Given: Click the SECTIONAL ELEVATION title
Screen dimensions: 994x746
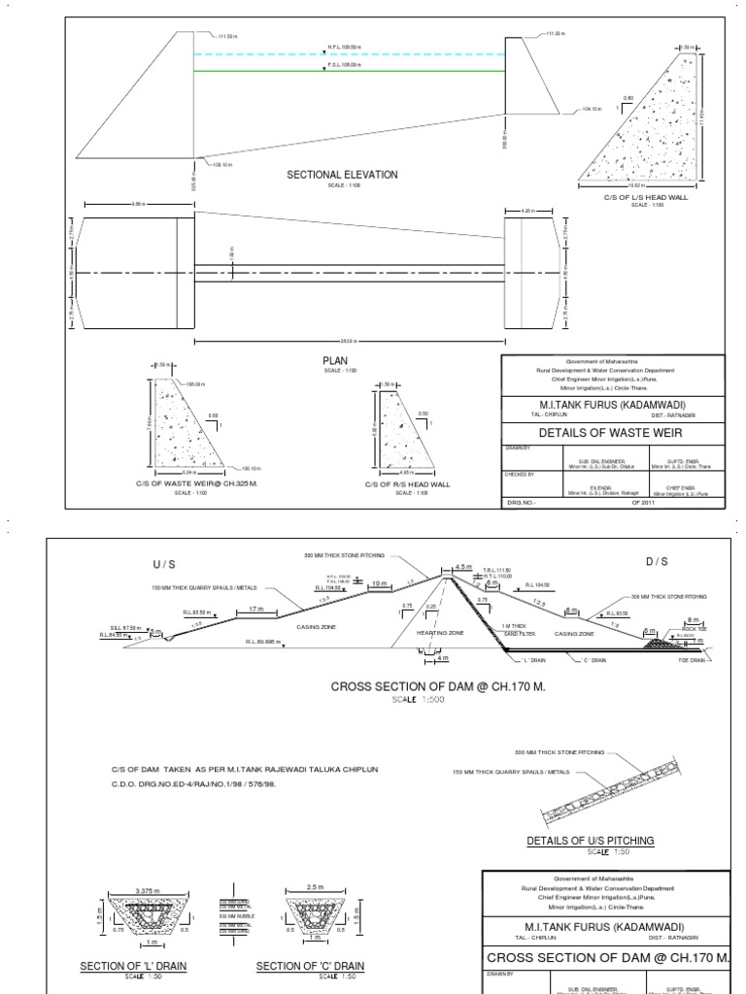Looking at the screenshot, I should pyautogui.click(x=341, y=175).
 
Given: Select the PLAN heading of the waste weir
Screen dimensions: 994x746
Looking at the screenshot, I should pyautogui.click(x=335, y=359).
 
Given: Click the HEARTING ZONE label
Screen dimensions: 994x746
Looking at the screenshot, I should pyautogui.click(x=436, y=632).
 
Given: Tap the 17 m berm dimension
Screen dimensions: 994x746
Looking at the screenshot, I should pyautogui.click(x=256, y=610).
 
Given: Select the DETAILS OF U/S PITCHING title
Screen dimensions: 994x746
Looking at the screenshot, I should pyautogui.click(x=590, y=840).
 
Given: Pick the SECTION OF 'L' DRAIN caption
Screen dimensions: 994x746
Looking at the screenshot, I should pyautogui.click(x=133, y=966).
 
